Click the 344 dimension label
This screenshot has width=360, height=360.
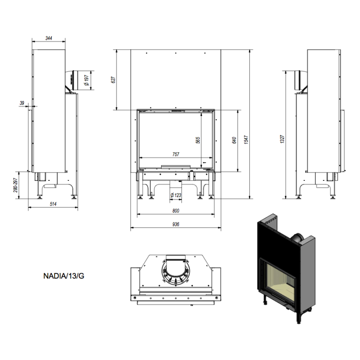[x=49, y=38]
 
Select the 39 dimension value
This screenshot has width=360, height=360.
[x=22, y=103]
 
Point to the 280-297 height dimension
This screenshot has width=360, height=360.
[x=16, y=185]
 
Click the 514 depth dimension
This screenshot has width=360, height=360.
[x=53, y=204]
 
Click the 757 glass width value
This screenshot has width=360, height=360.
[x=176, y=154]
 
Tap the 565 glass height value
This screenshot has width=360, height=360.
[x=198, y=140]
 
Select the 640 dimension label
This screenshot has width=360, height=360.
[x=234, y=140]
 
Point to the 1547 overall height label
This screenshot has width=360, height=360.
[x=247, y=140]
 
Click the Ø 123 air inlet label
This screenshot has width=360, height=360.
[x=176, y=195]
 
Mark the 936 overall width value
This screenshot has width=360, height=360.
[x=176, y=224]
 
